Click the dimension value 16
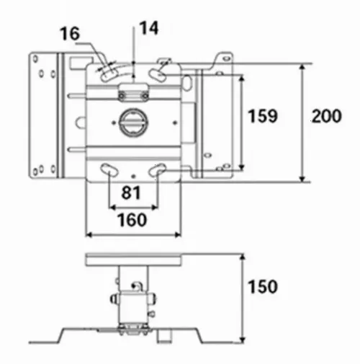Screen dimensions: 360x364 pyautogui.click(x=69, y=34)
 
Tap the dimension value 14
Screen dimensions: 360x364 pyautogui.click(x=149, y=28)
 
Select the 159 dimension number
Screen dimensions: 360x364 pyautogui.click(x=262, y=116)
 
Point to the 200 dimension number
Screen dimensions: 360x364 pyautogui.click(x=327, y=116)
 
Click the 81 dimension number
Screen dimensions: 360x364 pyautogui.click(x=131, y=192)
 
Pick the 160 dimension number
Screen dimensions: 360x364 pyautogui.click(x=132, y=220)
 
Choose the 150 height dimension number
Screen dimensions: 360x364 pyautogui.click(x=262, y=286)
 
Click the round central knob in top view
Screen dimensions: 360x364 pyautogui.click(x=133, y=123)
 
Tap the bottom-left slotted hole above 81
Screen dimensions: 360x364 pyautogui.click(x=109, y=169)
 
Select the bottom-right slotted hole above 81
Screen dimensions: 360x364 pyautogui.click(x=157, y=169)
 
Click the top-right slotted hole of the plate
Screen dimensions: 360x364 pyautogui.click(x=157, y=74)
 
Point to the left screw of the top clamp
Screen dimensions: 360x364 pyautogui.click(x=122, y=96)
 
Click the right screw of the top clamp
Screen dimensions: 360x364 pyautogui.click(x=145, y=96)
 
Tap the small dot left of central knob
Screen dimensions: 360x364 pyautogui.click(x=114, y=123)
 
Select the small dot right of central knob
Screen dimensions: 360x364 pyautogui.click(x=175, y=123)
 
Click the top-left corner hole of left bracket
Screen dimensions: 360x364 pyautogui.click(x=35, y=58)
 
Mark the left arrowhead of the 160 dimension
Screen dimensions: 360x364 pyautogui.click(x=89, y=234)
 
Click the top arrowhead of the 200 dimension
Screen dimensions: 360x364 pyautogui.click(x=302, y=66)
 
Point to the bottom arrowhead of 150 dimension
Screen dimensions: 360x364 pyautogui.click(x=243, y=339)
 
